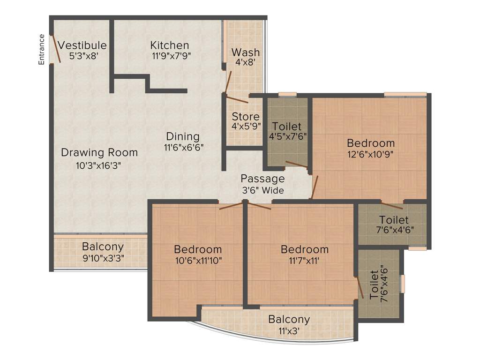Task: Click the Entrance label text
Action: pos(42,49)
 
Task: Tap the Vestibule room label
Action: pos(82,45)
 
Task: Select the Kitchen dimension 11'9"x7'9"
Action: pos(170,55)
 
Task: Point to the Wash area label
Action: pos(246,52)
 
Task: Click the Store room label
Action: pos(246,117)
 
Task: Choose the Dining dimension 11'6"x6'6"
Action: pos(183,146)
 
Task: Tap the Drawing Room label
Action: pos(99,152)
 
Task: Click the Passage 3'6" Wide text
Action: pos(262,184)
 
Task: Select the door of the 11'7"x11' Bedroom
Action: pos(258,206)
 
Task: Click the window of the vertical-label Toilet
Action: pos(402,284)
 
